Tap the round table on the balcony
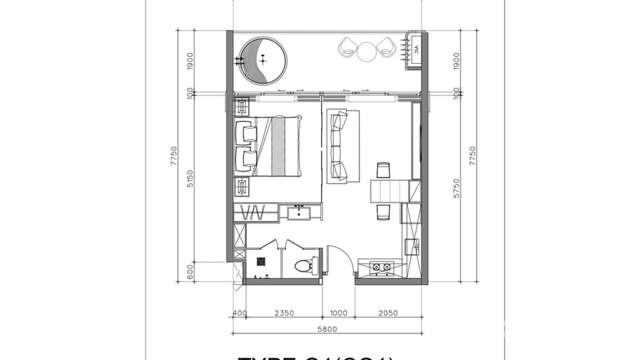366,51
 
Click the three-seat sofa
342,146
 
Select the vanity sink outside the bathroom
300,211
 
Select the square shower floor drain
261,261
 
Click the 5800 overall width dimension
327,328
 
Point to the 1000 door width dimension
338,313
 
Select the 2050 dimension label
388,313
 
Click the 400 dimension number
239,313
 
